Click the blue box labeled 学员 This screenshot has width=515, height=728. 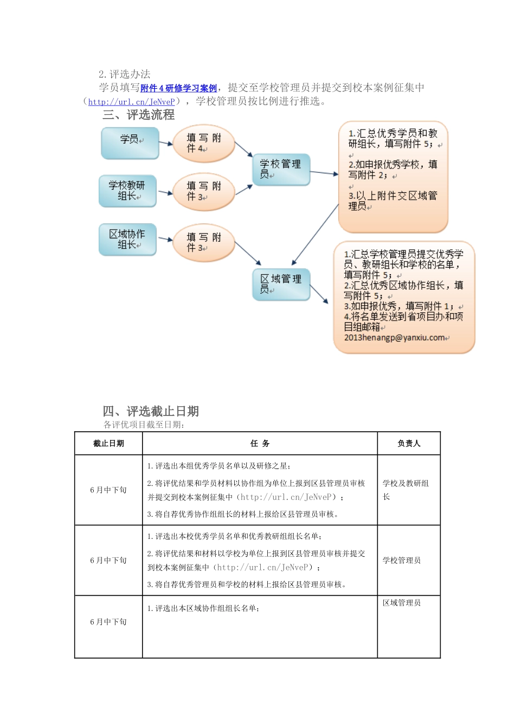[130, 143]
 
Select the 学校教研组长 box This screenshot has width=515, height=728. [127, 191]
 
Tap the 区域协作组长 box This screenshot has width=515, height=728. [127, 239]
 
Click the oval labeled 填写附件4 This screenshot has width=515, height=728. [203, 144]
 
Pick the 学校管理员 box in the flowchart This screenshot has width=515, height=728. [281, 169]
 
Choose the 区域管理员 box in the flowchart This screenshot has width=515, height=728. [281, 284]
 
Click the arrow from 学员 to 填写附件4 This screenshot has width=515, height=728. [165, 144]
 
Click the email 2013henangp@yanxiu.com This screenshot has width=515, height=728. [395, 337]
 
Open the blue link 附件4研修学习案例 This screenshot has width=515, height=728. [178, 88]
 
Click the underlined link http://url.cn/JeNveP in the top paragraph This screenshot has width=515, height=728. [131, 102]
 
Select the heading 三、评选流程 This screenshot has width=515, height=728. [139, 115]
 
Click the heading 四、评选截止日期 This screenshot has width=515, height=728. [151, 411]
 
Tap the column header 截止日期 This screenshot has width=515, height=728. [108, 444]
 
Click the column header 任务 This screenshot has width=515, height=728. [260, 444]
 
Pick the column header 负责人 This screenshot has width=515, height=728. [409, 444]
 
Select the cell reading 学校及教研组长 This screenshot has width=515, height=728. [405, 490]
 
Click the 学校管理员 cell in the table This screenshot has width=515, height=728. [402, 561]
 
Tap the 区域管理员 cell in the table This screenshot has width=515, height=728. [402, 603]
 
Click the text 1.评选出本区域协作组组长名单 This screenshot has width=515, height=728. [203, 609]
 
